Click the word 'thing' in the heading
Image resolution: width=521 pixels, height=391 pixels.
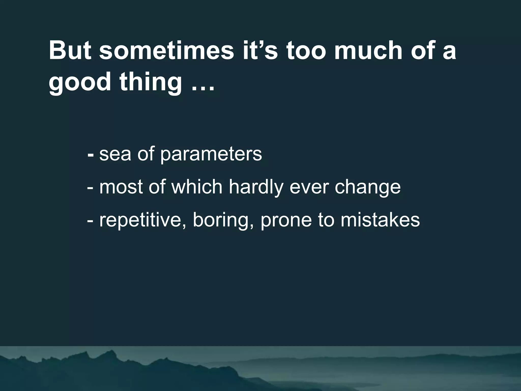pyautogui.click(x=151, y=82)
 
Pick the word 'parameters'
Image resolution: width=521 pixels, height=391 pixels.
pyautogui.click(x=211, y=155)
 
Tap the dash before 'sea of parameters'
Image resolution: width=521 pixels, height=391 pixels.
pyautogui.click(x=90, y=155)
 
